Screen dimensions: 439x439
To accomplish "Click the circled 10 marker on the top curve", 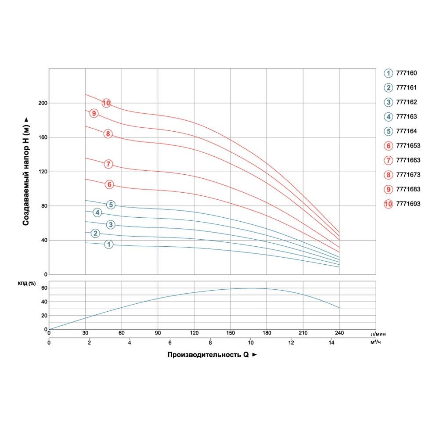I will [x=106, y=103].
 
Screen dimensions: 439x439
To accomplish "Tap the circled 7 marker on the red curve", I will [x=108, y=164].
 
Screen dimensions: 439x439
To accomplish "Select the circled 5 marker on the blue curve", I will [x=111, y=205].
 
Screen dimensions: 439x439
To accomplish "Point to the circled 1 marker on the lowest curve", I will [x=109, y=245].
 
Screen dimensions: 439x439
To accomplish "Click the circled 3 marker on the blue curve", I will [x=111, y=225].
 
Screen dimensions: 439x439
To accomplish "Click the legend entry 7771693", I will [x=402, y=204].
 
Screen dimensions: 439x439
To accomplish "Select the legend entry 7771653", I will [x=402, y=146].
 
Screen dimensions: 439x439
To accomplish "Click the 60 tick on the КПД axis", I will [x=44, y=288].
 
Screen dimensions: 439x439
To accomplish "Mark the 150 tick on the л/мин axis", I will [x=230, y=333].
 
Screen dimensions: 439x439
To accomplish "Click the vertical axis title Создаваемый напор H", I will [x=26, y=171].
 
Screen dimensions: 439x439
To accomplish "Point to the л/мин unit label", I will [x=381, y=334].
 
